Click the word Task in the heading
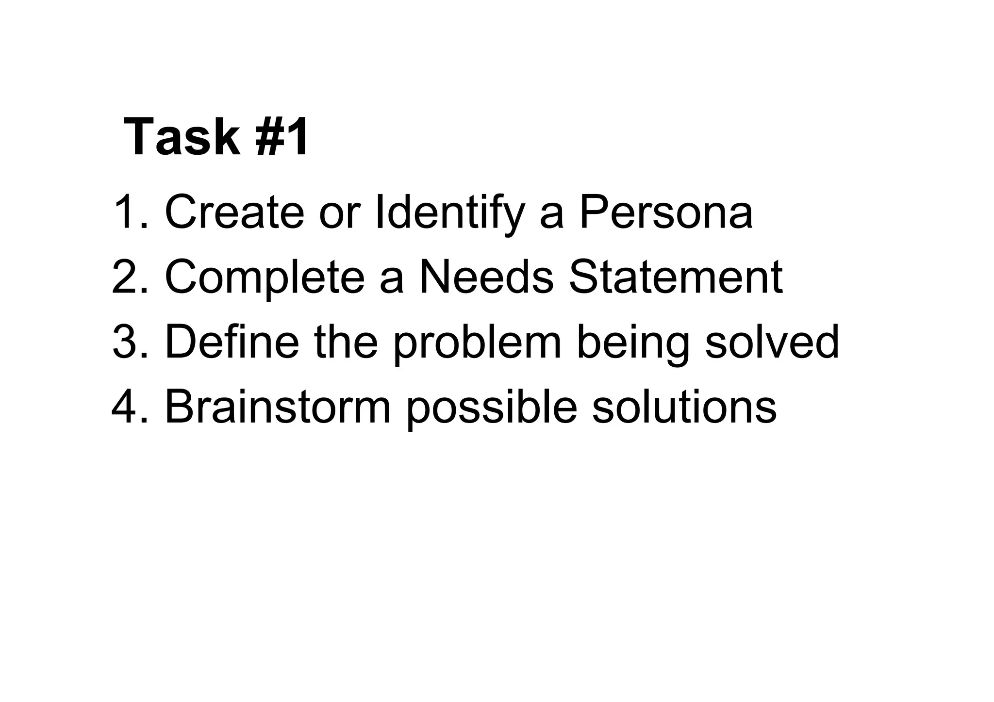coord(182,138)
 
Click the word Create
coord(234,212)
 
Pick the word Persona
coord(666,212)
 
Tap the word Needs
coord(486,277)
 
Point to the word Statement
coord(676,277)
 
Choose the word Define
coord(232,342)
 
